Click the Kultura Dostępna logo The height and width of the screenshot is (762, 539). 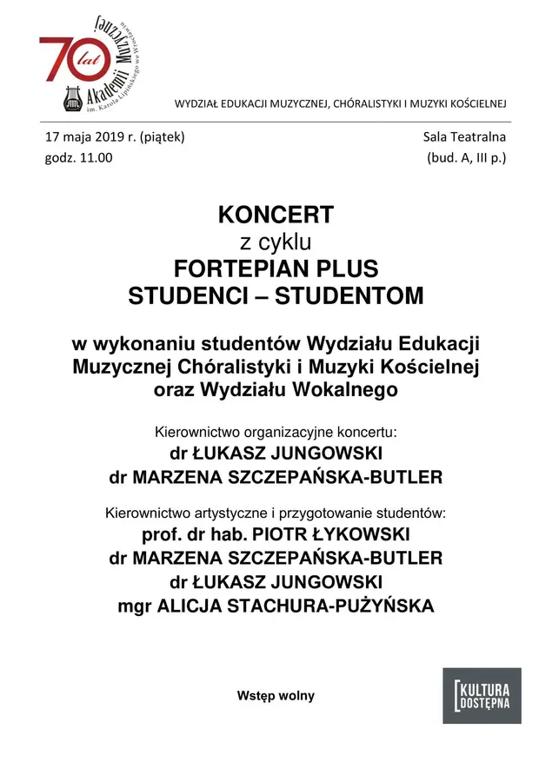tap(482, 695)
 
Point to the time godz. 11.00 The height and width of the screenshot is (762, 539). tap(78, 158)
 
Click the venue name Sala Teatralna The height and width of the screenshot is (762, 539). tap(464, 137)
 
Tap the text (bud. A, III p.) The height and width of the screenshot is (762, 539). tap(466, 158)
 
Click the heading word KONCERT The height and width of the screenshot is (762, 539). tap(276, 215)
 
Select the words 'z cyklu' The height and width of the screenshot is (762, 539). tap(276, 241)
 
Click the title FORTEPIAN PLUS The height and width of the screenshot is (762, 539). tap(276, 268)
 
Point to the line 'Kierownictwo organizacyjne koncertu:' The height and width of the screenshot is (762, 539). tap(276, 431)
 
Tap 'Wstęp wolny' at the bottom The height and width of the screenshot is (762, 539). tap(276, 696)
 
